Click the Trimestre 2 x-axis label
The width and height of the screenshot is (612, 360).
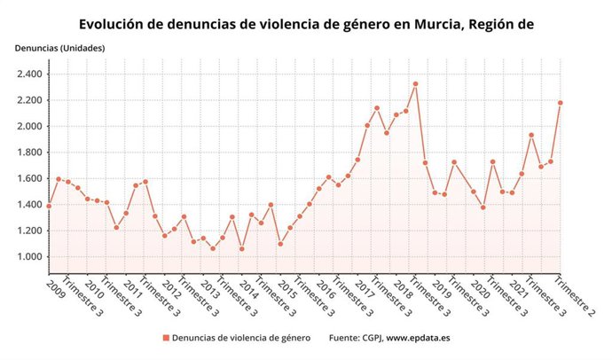click(x=575, y=297)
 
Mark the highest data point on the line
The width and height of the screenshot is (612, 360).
click(x=415, y=84)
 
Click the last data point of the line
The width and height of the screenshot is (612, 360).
click(x=561, y=103)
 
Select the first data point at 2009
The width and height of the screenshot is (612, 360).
click(x=49, y=206)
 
